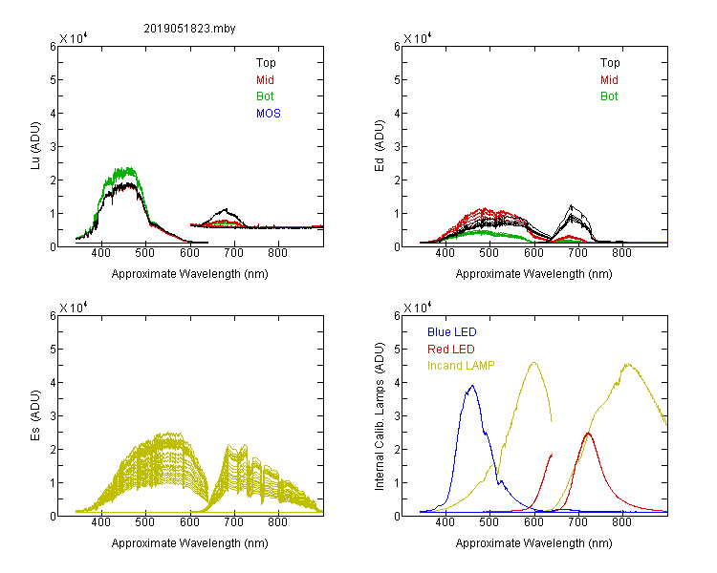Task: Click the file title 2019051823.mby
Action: (x=189, y=29)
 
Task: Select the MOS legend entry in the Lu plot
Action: (x=269, y=114)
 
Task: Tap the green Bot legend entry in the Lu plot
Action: (x=265, y=96)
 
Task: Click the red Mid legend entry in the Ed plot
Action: (x=609, y=80)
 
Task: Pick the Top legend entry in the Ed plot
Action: (x=610, y=63)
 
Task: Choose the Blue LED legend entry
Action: (x=452, y=332)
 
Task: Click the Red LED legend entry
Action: (x=451, y=350)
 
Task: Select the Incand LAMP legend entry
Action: (x=461, y=366)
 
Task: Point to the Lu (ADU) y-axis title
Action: (x=35, y=146)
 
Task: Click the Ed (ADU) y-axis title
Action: (x=380, y=146)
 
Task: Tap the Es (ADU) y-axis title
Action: (x=35, y=415)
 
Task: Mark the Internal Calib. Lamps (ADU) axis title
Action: (x=380, y=416)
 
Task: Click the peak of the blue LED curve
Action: (x=472, y=386)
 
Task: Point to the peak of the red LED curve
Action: (x=589, y=433)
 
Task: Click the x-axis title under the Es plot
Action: (x=190, y=543)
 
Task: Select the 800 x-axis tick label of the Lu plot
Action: (x=277, y=253)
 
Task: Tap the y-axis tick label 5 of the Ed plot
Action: (x=397, y=80)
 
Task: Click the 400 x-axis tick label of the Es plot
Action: (x=101, y=522)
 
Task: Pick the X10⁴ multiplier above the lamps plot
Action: (x=418, y=308)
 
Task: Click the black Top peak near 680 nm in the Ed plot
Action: (x=571, y=205)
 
